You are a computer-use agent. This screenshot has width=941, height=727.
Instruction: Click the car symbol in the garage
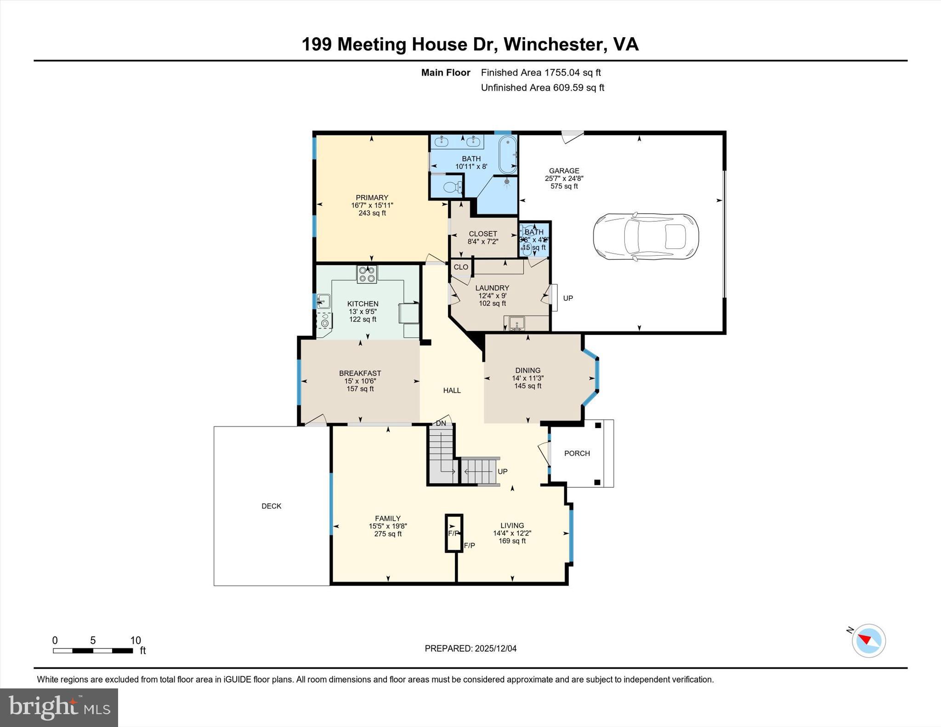646,237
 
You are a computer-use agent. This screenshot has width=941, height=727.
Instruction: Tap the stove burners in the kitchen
367,274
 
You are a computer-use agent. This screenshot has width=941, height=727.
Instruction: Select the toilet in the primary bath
451,187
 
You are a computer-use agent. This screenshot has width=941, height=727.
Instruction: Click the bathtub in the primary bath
508,154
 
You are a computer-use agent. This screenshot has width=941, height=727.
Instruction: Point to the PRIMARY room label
372,197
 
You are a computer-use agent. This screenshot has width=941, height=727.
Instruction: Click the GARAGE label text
564,170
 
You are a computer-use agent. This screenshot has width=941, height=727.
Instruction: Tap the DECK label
271,506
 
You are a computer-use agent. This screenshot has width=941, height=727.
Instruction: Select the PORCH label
577,453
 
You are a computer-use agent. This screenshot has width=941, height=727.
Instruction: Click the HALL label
452,390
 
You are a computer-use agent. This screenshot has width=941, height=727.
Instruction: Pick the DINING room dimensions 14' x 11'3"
527,378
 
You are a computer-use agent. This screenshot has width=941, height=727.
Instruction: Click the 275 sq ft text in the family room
388,534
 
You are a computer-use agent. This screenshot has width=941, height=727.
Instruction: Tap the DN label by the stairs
441,423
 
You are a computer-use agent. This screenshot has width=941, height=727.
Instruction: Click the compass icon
868,640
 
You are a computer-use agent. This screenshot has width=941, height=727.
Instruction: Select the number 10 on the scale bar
135,640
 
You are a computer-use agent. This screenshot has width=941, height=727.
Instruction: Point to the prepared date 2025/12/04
495,648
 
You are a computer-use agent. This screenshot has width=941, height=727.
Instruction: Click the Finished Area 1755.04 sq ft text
540,73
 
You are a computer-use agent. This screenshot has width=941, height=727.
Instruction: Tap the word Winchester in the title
553,45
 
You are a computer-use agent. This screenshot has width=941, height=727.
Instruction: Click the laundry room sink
516,322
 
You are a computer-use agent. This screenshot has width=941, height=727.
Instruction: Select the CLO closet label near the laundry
461,267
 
